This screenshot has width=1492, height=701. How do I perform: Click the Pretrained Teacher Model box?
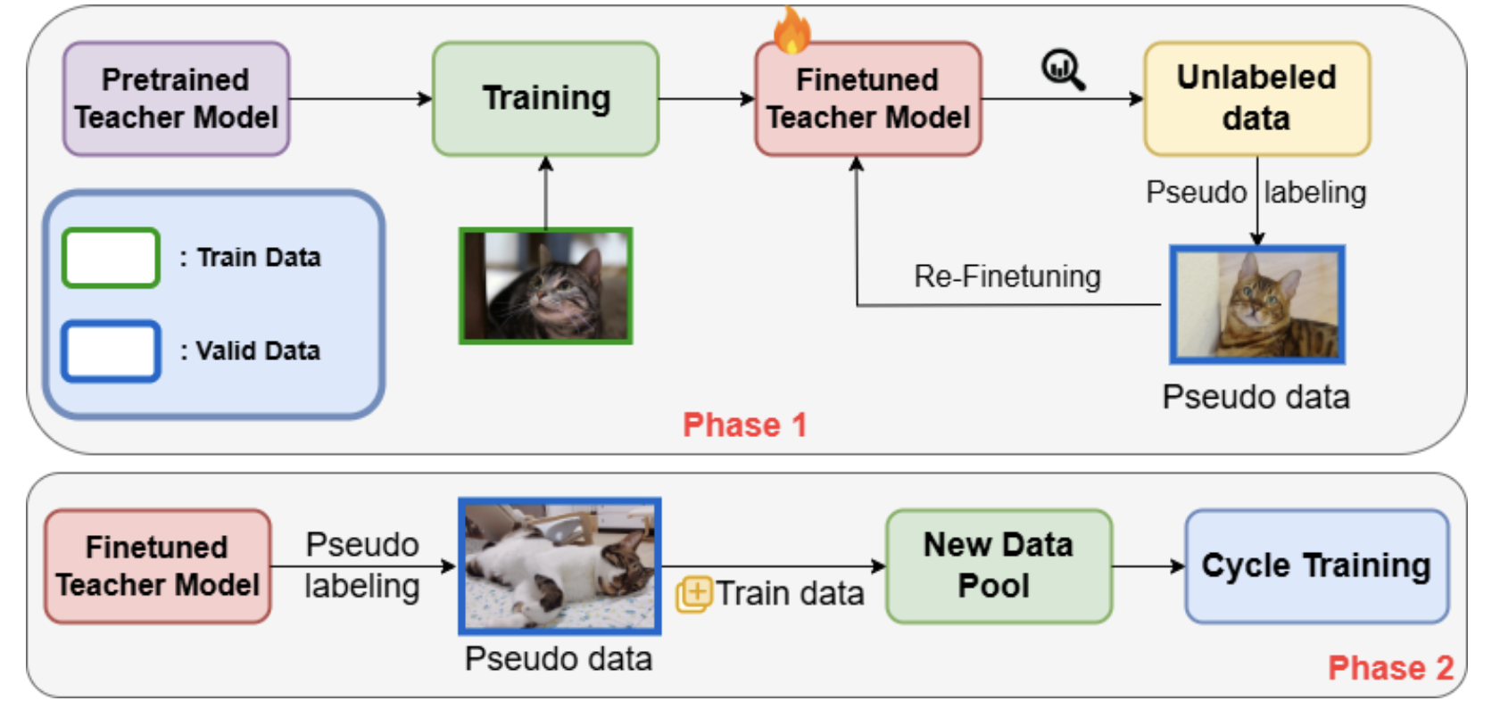[177, 98]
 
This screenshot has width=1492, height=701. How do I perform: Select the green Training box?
[545, 98]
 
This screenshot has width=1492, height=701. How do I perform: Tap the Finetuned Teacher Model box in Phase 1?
[868, 98]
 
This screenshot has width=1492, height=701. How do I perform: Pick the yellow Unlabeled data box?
[1257, 98]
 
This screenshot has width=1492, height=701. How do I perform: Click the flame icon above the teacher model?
[792, 29]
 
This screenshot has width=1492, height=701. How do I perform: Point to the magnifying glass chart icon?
[1064, 70]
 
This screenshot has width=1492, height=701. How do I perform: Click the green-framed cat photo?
[545, 285]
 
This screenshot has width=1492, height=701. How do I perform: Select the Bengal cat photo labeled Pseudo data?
[1257, 304]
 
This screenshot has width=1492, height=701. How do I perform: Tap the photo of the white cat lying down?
[559, 565]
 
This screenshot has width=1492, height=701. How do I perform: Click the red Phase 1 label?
[745, 425]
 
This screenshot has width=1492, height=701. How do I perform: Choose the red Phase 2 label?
[1391, 668]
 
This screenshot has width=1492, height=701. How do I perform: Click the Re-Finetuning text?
[1007, 276]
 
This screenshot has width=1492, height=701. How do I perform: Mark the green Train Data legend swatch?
[112, 258]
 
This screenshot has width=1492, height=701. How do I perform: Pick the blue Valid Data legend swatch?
[112, 350]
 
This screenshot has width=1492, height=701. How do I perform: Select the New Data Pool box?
[999, 565]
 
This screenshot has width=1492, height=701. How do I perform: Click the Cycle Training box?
[1317, 565]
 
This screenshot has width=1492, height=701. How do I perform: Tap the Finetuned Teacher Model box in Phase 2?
[158, 565]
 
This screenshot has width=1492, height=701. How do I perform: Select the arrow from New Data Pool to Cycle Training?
[1149, 566]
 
